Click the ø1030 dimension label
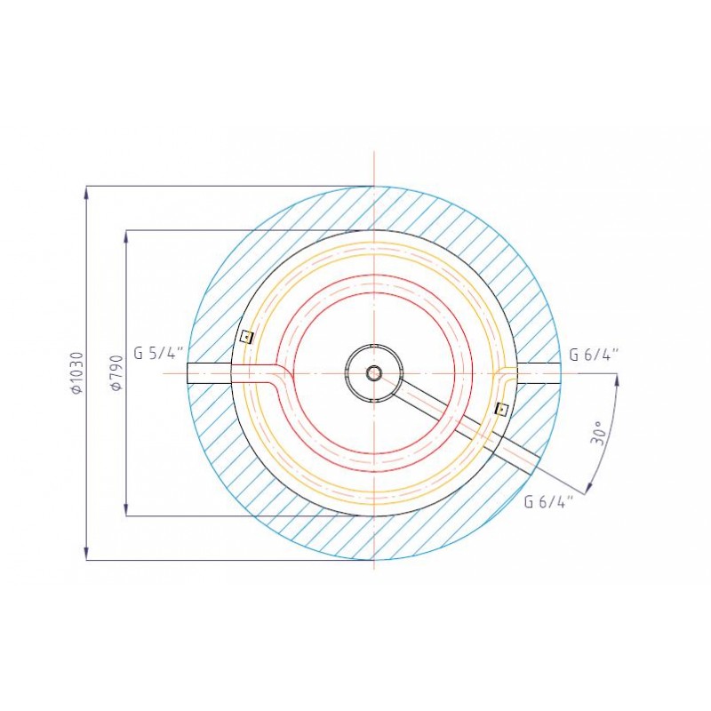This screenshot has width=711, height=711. pos(77,372)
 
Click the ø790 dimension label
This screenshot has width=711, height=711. pos(116,372)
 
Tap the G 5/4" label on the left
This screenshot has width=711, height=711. pos(159,353)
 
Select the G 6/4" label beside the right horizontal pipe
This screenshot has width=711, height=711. pos(594,354)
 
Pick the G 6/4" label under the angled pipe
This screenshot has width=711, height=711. pos(548,501)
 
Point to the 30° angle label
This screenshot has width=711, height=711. pos(599,434)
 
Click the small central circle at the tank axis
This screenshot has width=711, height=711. pos(374,373)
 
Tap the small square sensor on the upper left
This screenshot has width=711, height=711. pos(247,337)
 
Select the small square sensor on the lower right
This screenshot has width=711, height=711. pos(501,409)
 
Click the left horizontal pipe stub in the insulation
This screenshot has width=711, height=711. pos(209,373)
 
